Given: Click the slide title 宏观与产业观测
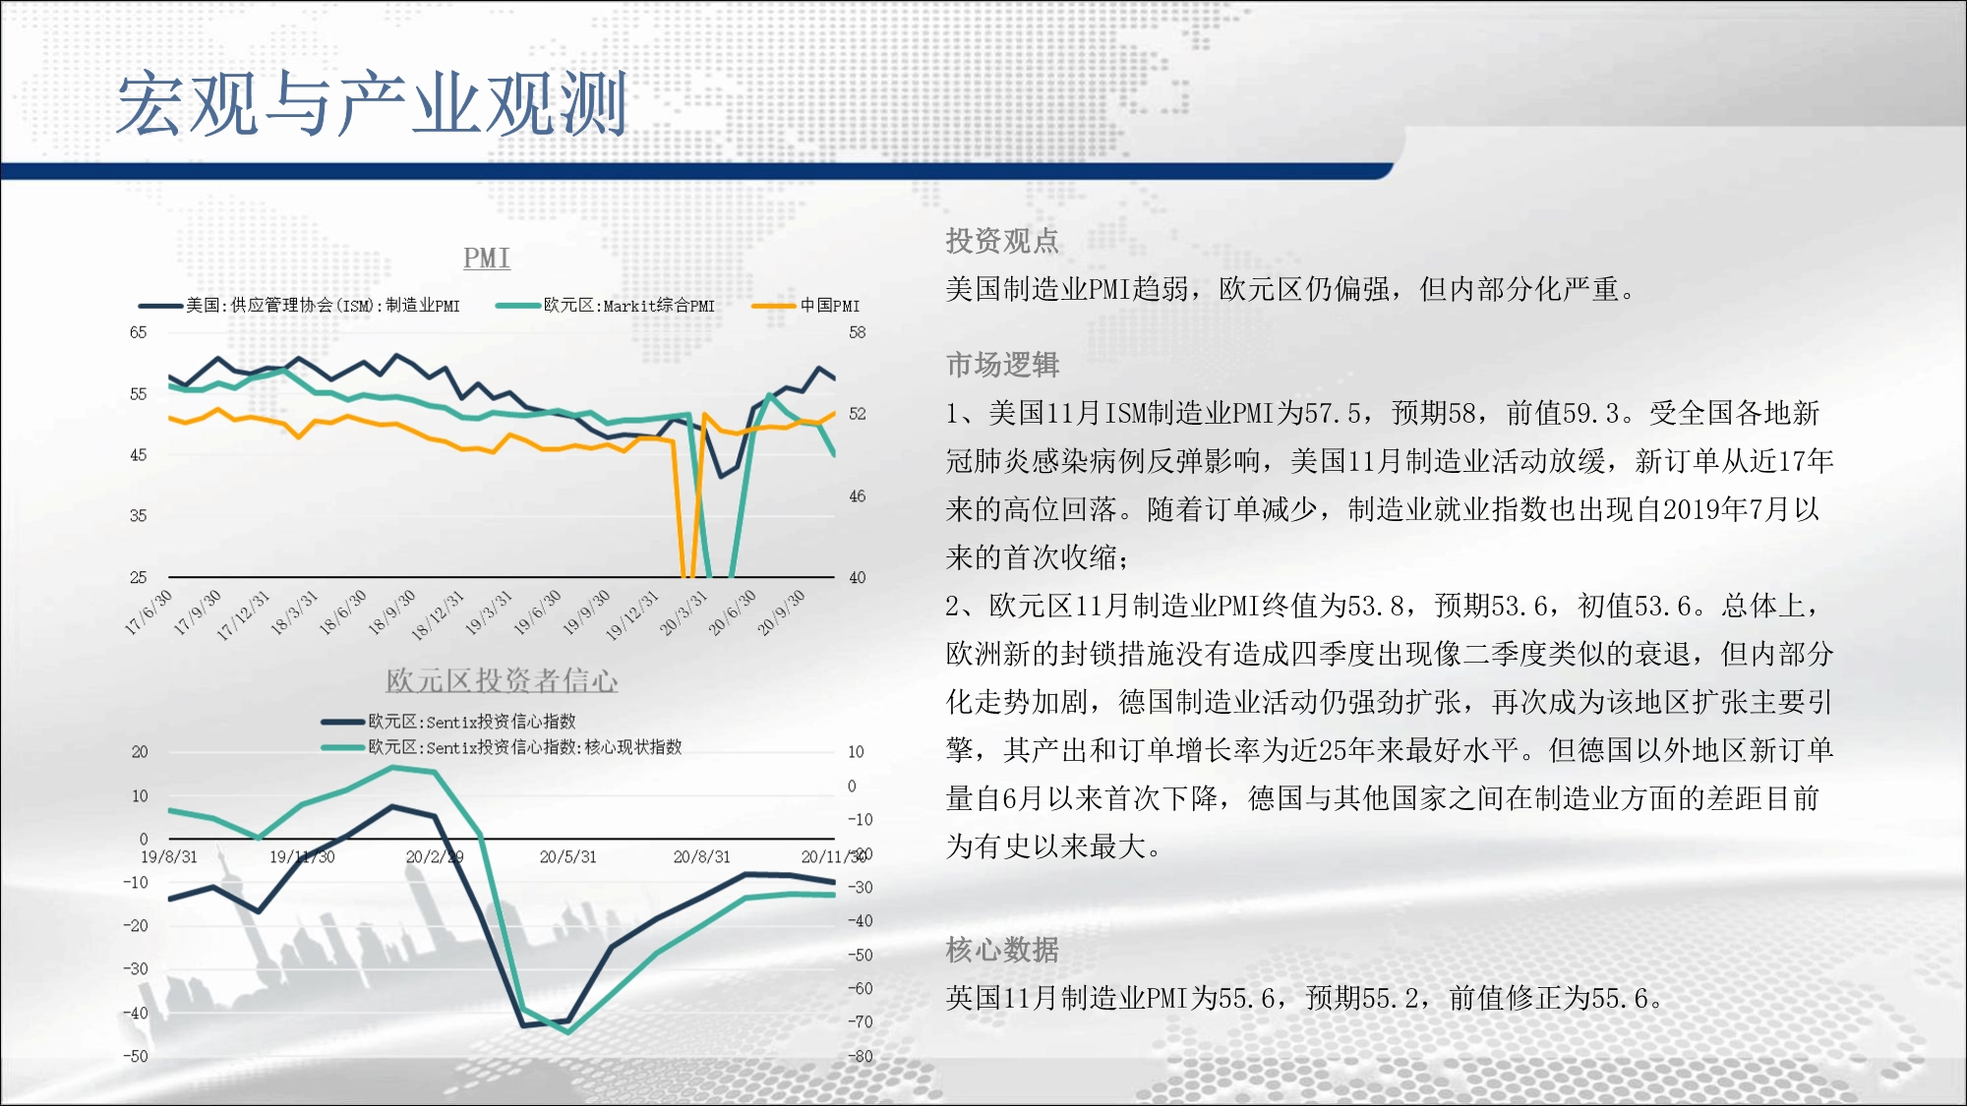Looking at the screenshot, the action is (x=372, y=103).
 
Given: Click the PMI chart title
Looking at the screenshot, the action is (x=487, y=258).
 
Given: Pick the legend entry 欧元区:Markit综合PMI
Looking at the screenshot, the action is (x=606, y=306).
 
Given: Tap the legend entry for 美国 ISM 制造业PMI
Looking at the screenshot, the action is (x=299, y=306).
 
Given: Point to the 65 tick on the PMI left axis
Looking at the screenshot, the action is (x=139, y=332).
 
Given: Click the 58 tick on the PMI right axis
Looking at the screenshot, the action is (x=858, y=332).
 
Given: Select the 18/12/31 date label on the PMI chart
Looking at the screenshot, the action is (x=438, y=615).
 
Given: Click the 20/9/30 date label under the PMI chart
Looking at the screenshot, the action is (x=781, y=612).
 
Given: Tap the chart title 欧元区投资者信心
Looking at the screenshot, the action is (x=502, y=680).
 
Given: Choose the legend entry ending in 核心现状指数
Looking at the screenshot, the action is (x=502, y=747).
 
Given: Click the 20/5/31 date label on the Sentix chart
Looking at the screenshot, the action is (x=568, y=857).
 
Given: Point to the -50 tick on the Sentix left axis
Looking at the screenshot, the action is (x=136, y=1056).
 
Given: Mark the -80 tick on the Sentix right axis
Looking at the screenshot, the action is (x=861, y=1057).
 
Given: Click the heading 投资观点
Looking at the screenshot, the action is (x=1002, y=241).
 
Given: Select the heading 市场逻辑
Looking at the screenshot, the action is (x=1002, y=365).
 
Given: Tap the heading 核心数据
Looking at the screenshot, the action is (x=1002, y=950).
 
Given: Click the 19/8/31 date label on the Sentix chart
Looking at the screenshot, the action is (x=169, y=857).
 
